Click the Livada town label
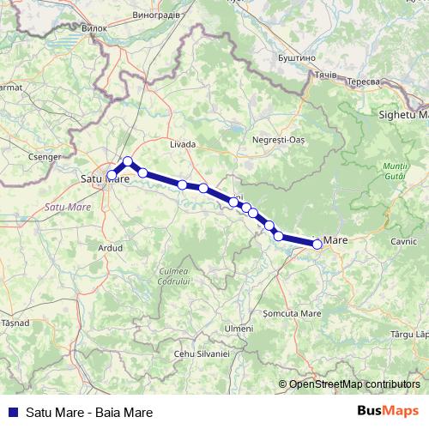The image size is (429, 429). (183, 144)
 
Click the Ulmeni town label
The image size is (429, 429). (238, 329)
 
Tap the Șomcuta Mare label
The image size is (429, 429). (292, 314)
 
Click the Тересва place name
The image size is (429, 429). (363, 81)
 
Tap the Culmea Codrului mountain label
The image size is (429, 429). (173, 276)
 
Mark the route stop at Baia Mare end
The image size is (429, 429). (317, 245)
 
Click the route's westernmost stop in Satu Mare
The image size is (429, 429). (112, 175)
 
